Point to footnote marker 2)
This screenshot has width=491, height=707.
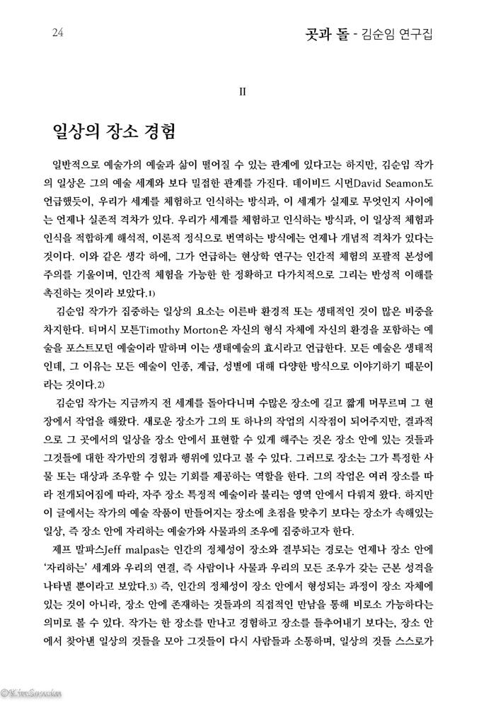100,385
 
